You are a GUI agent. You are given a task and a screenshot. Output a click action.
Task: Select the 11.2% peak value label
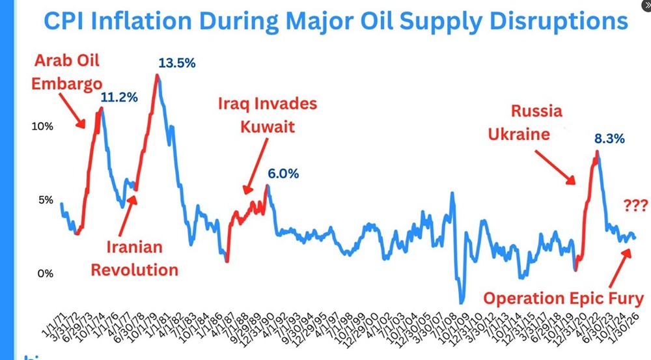[120, 98]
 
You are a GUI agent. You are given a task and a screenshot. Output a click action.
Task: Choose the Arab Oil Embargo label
[67, 73]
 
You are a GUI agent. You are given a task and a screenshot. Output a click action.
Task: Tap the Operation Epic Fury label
[563, 299]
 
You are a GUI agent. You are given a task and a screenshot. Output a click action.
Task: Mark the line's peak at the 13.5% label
[157, 76]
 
